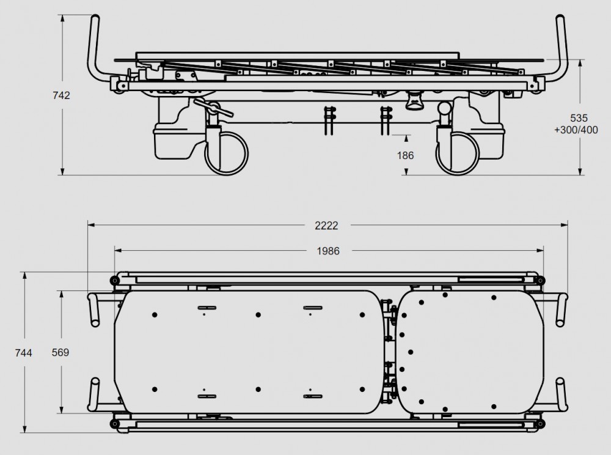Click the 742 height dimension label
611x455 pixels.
point(61,95)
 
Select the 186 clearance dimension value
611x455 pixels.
point(405,155)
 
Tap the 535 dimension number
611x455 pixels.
point(579,118)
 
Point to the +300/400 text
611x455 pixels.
point(576,130)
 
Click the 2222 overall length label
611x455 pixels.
point(326,226)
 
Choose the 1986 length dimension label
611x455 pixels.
point(328,251)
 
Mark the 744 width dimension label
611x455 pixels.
point(23,353)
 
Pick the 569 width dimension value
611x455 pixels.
point(60,352)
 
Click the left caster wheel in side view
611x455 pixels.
point(227,154)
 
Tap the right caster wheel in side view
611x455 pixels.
point(457,154)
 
